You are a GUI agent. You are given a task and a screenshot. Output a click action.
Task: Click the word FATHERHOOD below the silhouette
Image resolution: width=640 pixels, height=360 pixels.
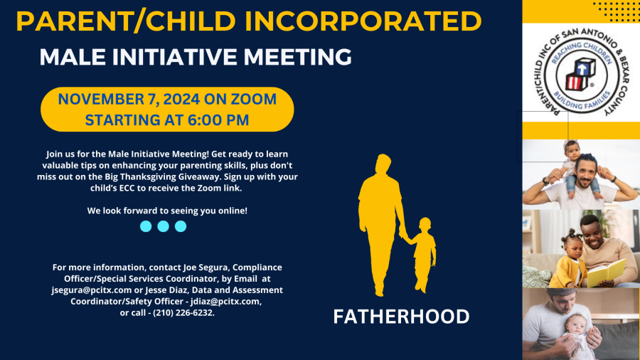pos(401,317)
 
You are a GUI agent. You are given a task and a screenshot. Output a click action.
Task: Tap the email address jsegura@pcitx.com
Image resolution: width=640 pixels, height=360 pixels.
pos(92,290)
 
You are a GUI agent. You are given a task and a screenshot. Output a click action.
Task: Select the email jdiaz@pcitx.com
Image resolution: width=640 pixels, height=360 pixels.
pos(225,302)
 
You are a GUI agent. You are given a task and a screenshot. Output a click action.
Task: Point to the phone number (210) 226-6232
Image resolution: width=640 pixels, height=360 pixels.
pos(183,312)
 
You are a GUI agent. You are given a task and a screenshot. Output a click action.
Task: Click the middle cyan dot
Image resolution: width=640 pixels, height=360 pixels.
pos(164,226)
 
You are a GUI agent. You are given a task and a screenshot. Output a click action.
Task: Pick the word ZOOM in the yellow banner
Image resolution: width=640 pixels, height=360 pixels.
pos(253,99)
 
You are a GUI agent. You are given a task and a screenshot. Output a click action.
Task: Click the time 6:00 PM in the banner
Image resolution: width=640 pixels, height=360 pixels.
pos(218,120)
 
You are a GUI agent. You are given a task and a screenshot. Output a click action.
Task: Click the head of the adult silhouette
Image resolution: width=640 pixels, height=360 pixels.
pos(383,163)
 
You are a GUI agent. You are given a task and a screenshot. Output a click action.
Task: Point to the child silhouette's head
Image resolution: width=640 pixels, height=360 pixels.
pos(425,225)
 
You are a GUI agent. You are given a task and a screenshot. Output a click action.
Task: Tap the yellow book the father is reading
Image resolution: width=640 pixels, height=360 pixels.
pos(606,272)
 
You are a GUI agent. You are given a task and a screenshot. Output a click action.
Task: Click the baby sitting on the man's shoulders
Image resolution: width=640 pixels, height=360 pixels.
pos(575,167)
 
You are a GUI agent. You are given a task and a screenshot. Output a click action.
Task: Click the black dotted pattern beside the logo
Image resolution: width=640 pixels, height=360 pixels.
pos(616,11)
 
